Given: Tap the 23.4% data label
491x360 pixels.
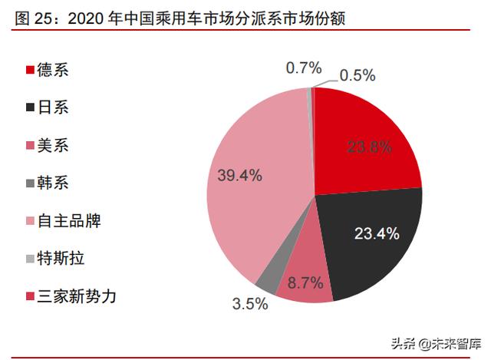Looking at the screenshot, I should tap(377, 233).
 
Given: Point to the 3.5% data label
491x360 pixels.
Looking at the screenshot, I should tap(250, 304).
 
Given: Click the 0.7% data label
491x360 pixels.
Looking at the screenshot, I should tap(303, 68).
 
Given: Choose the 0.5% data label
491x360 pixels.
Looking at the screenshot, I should tap(357, 75).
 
